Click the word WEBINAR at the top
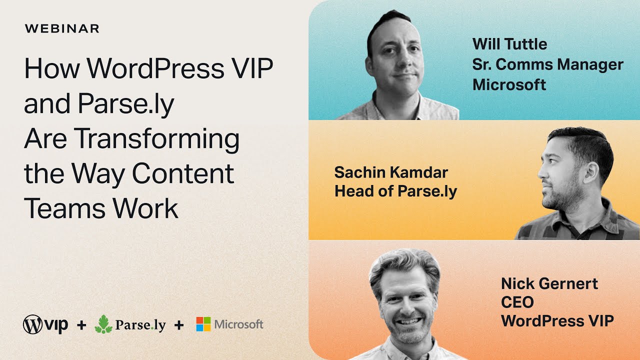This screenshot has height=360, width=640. click(x=62, y=28)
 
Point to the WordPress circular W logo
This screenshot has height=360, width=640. click(x=32, y=325)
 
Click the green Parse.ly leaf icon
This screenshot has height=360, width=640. click(x=103, y=324)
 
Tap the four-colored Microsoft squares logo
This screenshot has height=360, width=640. click(x=203, y=324)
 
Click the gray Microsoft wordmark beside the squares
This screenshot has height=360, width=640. click(x=238, y=324)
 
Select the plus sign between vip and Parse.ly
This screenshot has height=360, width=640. click(x=81, y=325)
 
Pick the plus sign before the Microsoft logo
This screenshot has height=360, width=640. click(x=178, y=325)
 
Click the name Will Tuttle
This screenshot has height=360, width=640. click(x=509, y=44)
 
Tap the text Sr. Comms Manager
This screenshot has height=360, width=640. click(x=548, y=64)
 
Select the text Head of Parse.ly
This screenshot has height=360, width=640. click(x=395, y=191)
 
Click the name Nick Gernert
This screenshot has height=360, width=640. click(x=549, y=283)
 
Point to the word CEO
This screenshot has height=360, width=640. click(x=517, y=302)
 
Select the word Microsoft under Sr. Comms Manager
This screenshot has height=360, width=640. click(x=509, y=84)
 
